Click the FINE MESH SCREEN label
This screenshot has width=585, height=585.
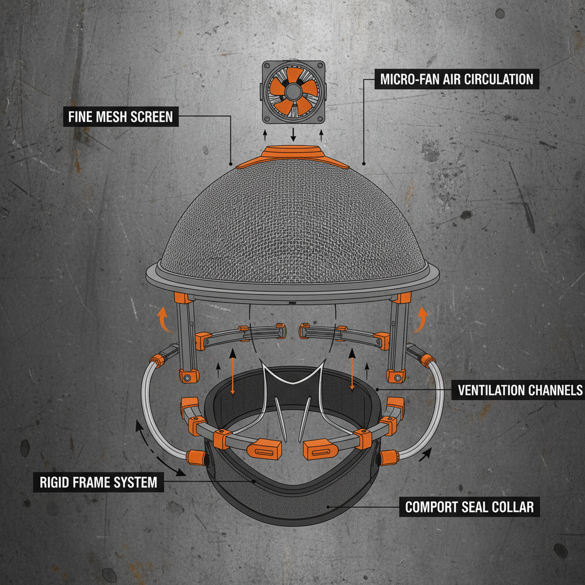click(121, 118)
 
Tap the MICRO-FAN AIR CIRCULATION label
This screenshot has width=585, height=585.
click(456, 79)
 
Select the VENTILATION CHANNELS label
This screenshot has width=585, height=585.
click(519, 390)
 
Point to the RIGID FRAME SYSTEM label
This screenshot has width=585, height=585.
click(98, 482)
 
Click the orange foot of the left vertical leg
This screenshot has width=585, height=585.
click(188, 376)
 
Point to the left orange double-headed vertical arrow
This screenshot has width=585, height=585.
click(233, 372)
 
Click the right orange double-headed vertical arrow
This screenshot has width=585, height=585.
click(351, 372)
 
